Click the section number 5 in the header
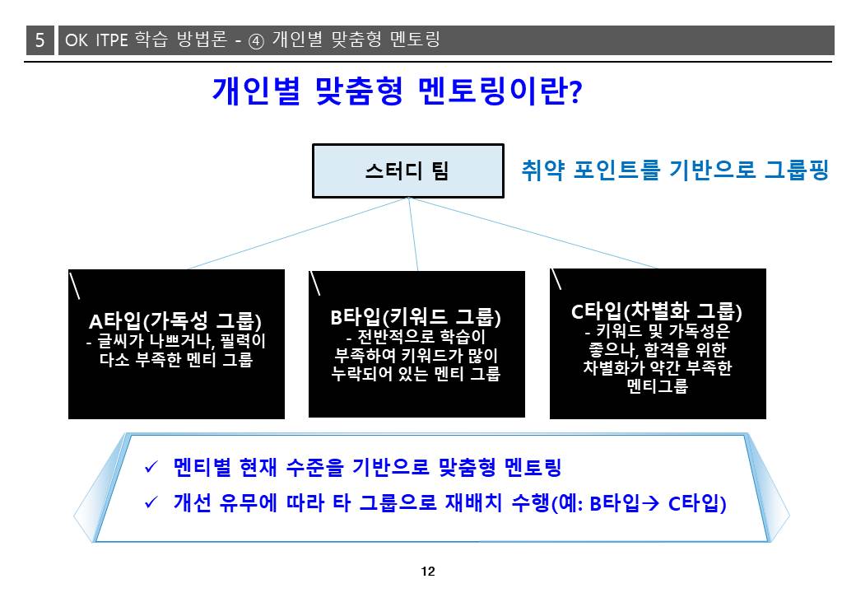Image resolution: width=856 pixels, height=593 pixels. [x=40, y=40]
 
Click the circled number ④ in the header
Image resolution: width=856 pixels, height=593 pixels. [x=256, y=41]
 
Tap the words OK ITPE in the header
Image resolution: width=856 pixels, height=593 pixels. [x=96, y=40]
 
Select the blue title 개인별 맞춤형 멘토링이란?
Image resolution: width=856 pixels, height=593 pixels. [x=398, y=91]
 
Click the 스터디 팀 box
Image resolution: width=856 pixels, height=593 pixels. [x=407, y=171]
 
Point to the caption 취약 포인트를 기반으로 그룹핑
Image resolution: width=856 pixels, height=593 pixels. [x=675, y=170]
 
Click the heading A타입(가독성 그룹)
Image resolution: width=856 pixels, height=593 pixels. [x=175, y=321]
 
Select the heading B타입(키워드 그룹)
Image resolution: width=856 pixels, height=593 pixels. [x=416, y=317]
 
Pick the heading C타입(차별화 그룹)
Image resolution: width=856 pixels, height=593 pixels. [x=657, y=311]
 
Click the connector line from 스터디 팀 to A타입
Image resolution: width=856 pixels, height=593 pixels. [x=298, y=233]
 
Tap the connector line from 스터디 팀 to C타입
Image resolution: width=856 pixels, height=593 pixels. [x=533, y=232]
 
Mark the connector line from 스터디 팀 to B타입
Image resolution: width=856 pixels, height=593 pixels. [x=413, y=234]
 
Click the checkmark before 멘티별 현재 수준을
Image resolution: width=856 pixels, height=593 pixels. [x=151, y=468]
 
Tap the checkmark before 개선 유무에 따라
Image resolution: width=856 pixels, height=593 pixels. [x=151, y=502]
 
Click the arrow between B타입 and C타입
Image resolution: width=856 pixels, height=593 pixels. [x=651, y=503]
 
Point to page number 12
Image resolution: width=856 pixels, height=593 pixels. [x=428, y=571]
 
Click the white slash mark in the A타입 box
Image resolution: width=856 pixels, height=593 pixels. [x=75, y=285]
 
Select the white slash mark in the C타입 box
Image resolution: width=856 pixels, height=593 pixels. [x=556, y=279]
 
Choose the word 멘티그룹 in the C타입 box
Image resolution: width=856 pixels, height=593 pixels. [x=658, y=386]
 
